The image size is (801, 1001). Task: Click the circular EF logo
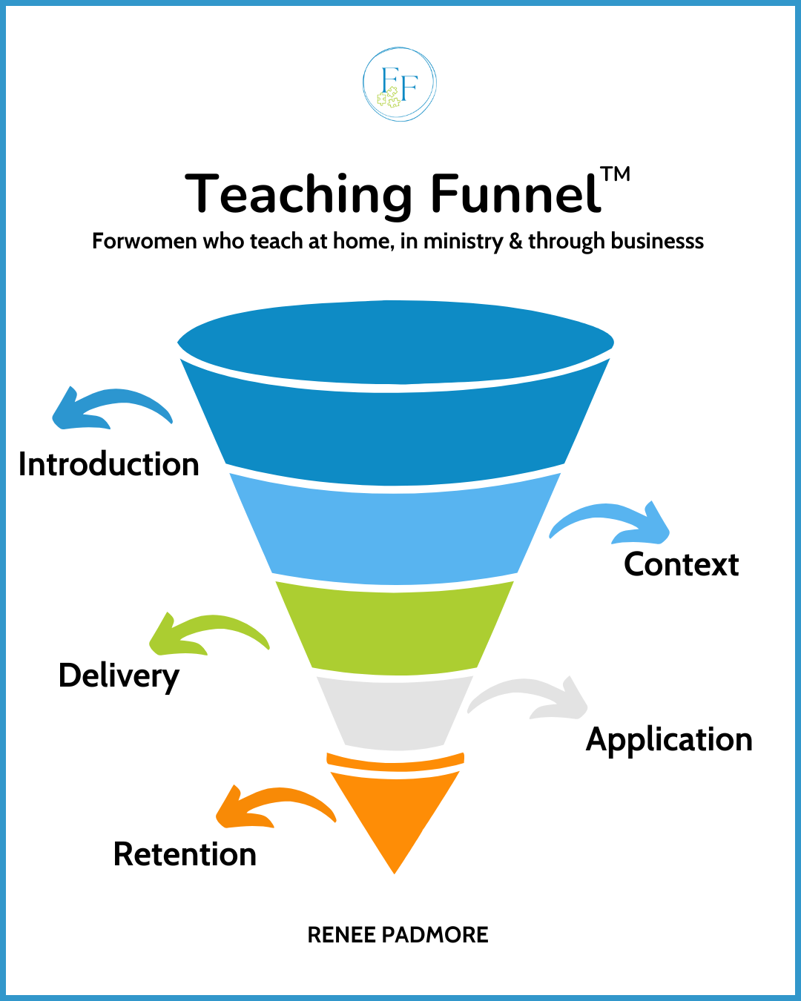(x=399, y=85)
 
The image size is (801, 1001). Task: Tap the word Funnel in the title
(x=515, y=194)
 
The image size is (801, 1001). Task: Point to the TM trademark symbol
(x=616, y=175)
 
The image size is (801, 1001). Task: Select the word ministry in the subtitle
(x=463, y=242)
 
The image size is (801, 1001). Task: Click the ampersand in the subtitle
(x=515, y=242)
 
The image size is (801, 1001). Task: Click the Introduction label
(x=109, y=465)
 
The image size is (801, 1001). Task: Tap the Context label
(x=681, y=565)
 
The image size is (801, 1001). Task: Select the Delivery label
(x=119, y=676)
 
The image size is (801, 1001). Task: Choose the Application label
(x=669, y=740)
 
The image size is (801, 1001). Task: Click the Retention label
(x=185, y=855)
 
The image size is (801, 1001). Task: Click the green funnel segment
(x=395, y=627)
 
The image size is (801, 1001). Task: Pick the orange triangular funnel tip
(x=395, y=816)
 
